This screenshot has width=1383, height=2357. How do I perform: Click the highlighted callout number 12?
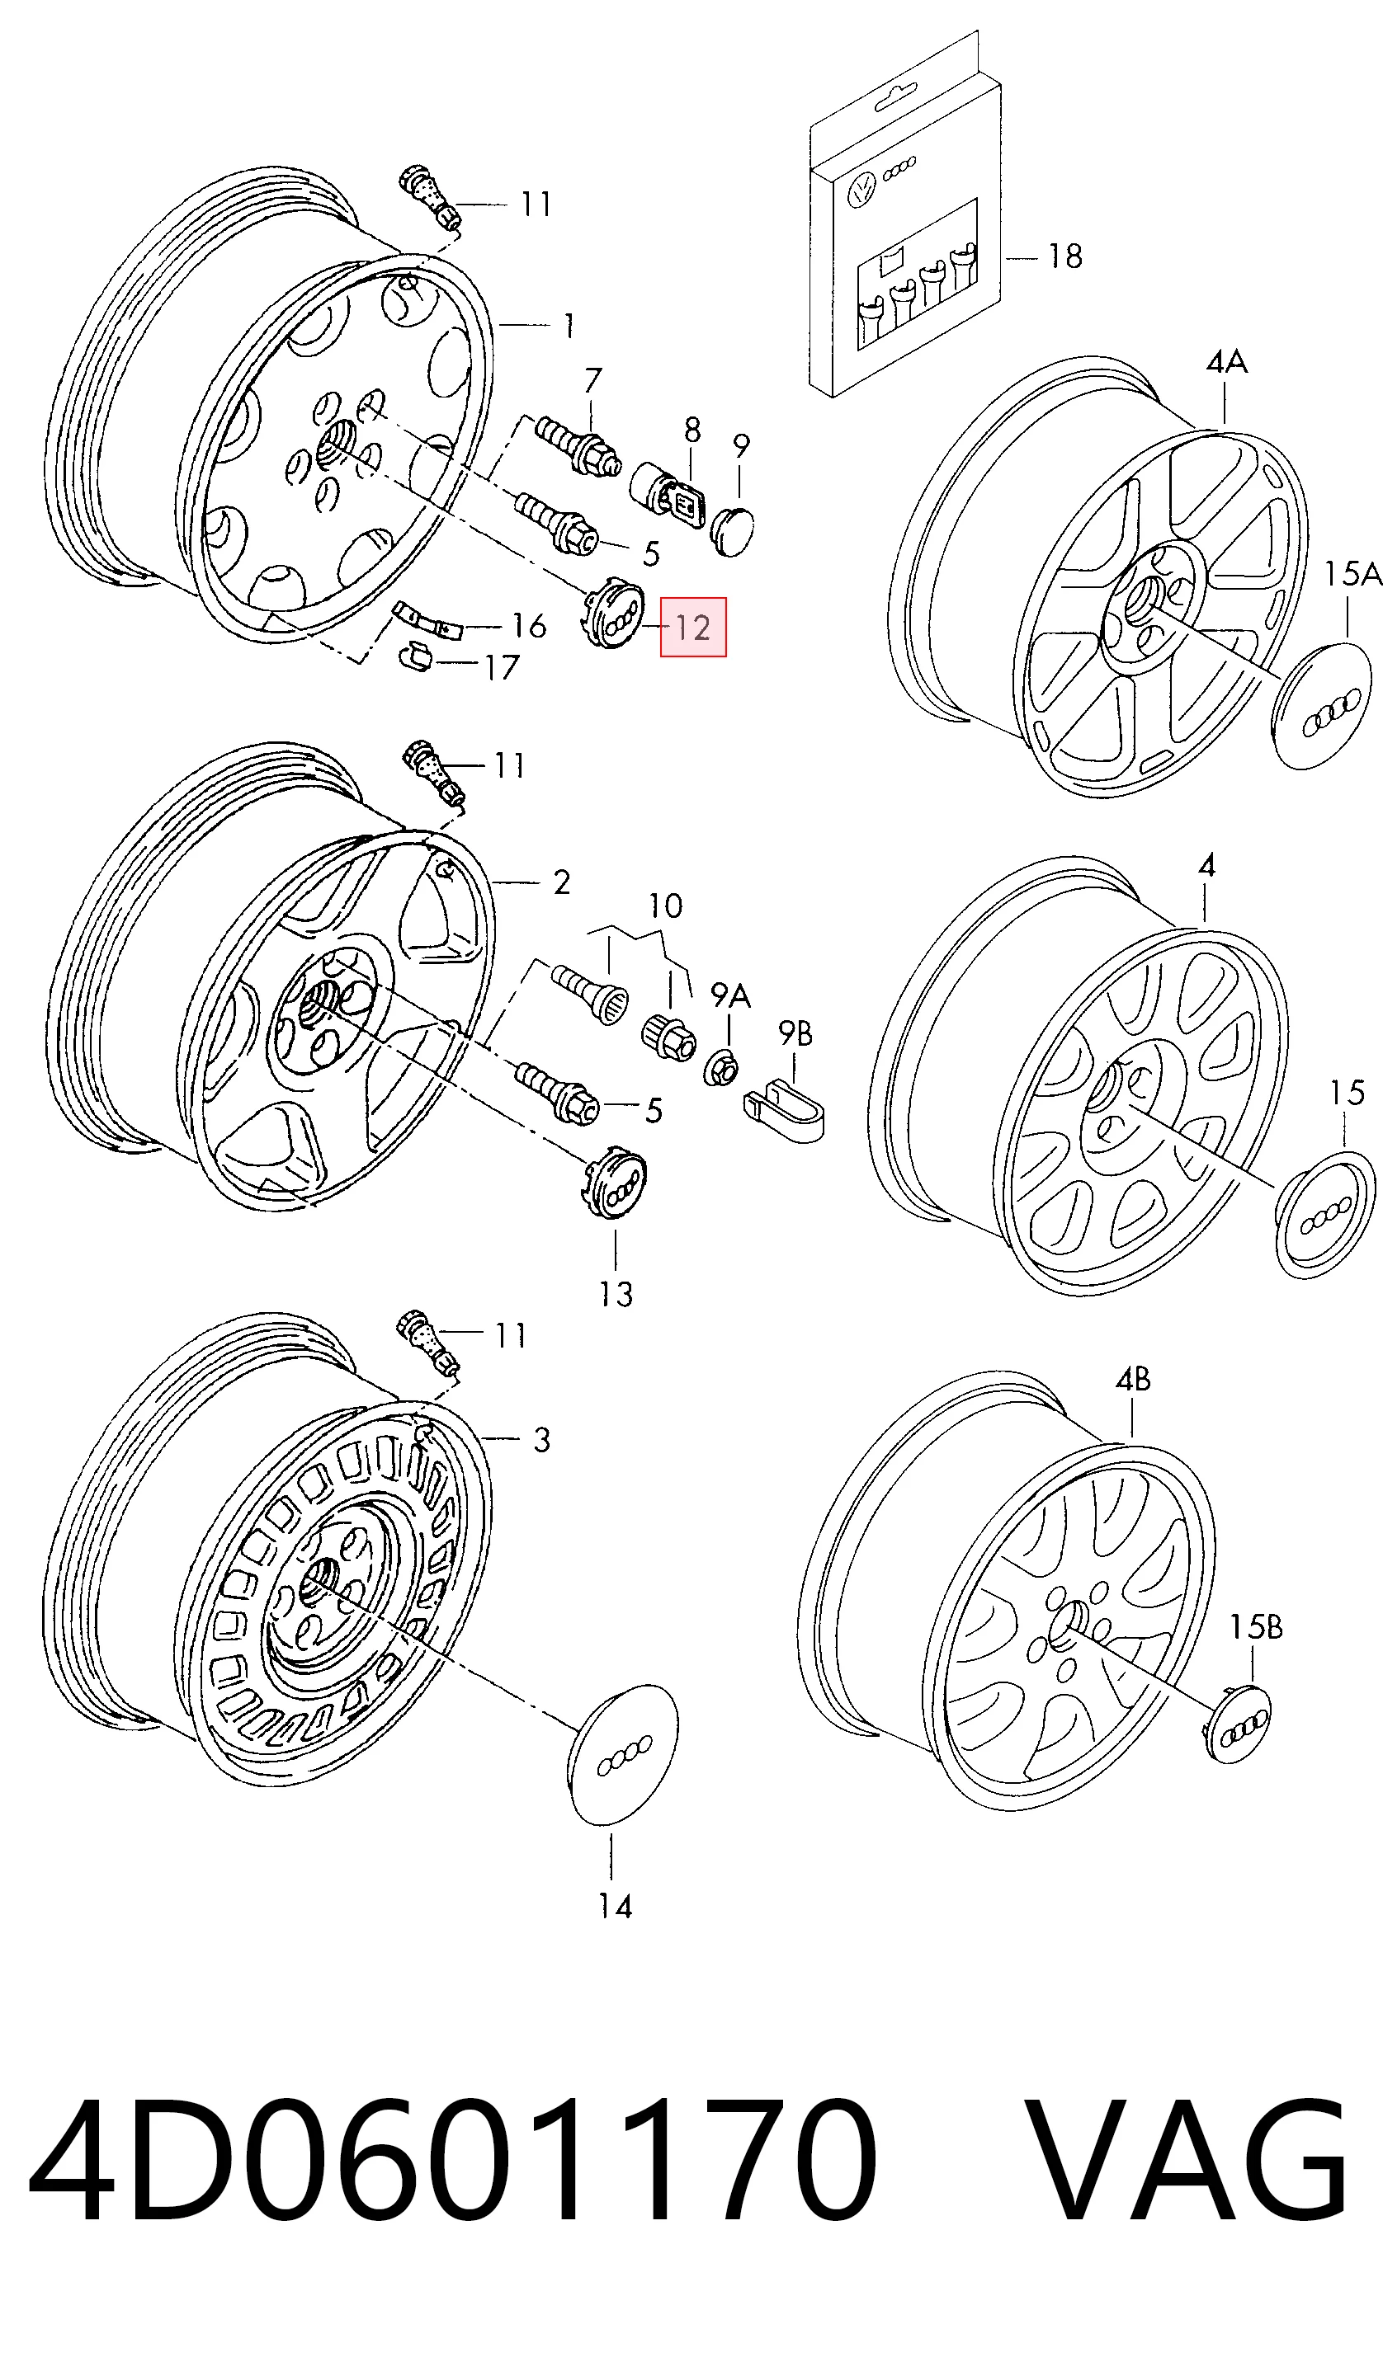[693, 627]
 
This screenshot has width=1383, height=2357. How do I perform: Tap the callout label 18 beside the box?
[1064, 256]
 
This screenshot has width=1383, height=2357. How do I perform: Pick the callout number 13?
[616, 1295]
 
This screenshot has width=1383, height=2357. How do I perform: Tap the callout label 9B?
[795, 1033]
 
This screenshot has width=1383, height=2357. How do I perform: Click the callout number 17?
[502, 667]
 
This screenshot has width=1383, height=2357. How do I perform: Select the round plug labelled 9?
[733, 531]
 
